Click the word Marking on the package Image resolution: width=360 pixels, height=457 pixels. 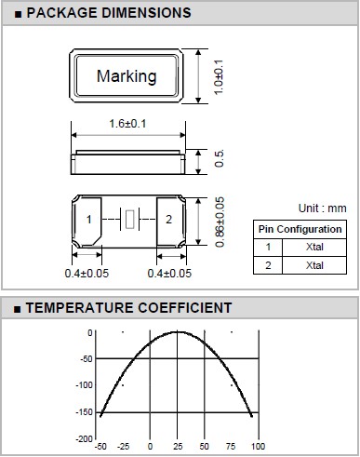(127, 76)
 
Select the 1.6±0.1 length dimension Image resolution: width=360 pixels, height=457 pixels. (127, 124)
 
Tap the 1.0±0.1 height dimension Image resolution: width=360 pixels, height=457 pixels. (219, 77)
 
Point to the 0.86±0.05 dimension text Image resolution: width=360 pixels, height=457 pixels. (220, 222)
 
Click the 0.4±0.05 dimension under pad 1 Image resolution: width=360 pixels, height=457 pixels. (87, 274)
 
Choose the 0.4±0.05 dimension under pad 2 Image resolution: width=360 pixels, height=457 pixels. (169, 274)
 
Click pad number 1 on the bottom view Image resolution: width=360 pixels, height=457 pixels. (89, 220)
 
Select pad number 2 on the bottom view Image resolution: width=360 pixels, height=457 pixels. (168, 220)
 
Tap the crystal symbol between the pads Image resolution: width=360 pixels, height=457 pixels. (130, 220)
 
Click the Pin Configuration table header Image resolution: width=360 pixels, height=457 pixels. (300, 229)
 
